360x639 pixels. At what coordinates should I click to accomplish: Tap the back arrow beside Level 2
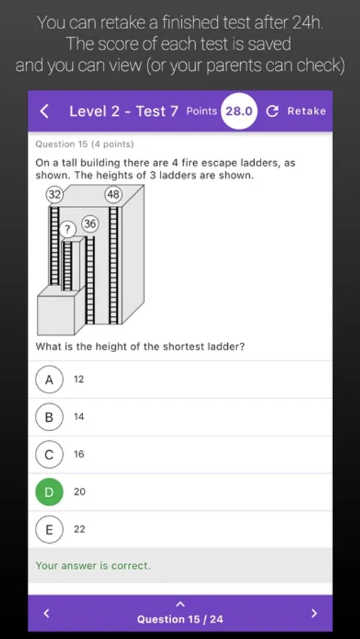pyautogui.click(x=45, y=111)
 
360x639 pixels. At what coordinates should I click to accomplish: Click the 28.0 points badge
pyautogui.click(x=239, y=111)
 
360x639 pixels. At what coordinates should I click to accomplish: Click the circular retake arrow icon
pyautogui.click(x=272, y=111)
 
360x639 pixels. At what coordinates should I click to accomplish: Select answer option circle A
pyautogui.click(x=49, y=379)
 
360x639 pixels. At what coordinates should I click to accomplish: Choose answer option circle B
pyautogui.click(x=49, y=417)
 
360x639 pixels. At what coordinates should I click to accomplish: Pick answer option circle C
pyautogui.click(x=49, y=454)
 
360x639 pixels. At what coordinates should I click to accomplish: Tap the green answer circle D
pyautogui.click(x=49, y=492)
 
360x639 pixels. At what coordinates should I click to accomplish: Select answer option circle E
pyautogui.click(x=49, y=530)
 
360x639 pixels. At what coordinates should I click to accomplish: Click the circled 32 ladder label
pyautogui.click(x=54, y=195)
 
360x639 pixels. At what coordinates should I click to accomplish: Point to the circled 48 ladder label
pyautogui.click(x=113, y=195)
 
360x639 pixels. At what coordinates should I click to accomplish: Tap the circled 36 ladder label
pyautogui.click(x=90, y=224)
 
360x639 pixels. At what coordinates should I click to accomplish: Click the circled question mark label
pyautogui.click(x=67, y=230)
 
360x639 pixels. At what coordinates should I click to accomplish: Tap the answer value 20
pyautogui.click(x=80, y=492)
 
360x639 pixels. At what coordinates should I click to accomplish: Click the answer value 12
pyautogui.click(x=79, y=379)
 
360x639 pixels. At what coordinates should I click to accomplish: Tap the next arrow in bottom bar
pyautogui.click(x=314, y=613)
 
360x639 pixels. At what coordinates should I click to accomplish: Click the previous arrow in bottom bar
pyautogui.click(x=46, y=613)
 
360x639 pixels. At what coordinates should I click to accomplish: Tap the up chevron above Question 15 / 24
pyautogui.click(x=180, y=603)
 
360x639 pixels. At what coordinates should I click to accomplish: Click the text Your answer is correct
pyautogui.click(x=93, y=566)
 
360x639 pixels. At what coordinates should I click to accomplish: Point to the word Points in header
pyautogui.click(x=202, y=111)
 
